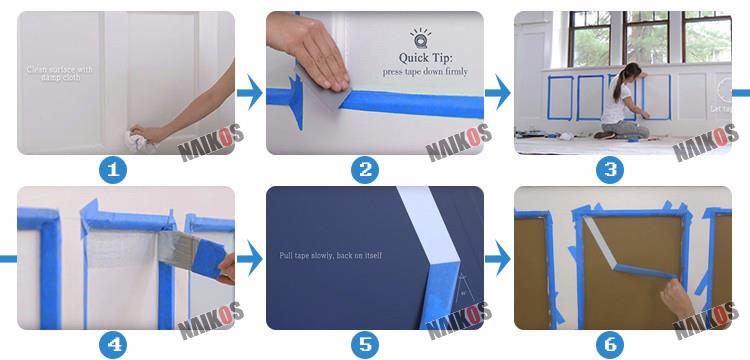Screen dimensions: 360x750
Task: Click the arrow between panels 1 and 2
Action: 249,94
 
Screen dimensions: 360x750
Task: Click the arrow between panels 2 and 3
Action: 498,94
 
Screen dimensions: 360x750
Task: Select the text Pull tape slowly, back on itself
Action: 330,256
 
